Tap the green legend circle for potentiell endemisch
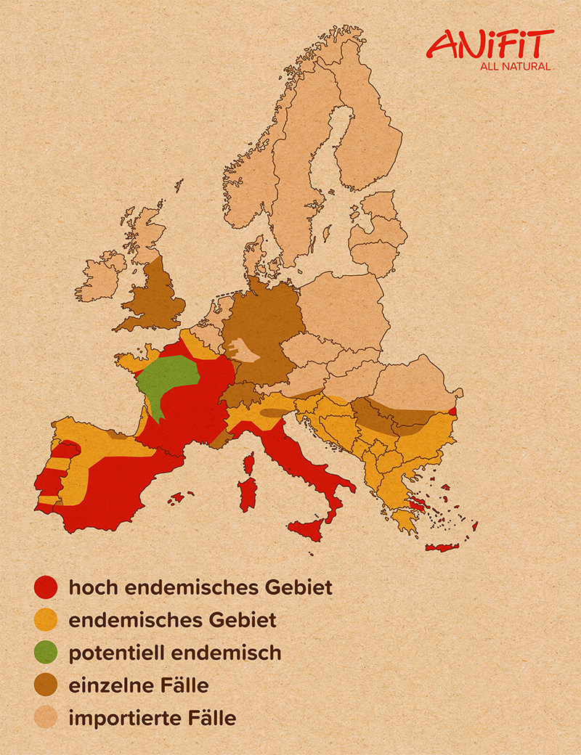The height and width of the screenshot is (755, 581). click(x=45, y=653)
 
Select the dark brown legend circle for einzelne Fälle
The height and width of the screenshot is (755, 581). click(x=45, y=685)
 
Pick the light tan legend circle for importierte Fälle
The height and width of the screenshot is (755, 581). click(x=45, y=718)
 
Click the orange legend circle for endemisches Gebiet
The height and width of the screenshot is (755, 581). click(x=45, y=620)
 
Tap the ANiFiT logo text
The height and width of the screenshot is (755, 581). click(x=489, y=45)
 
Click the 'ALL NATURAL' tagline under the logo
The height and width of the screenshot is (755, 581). click(x=516, y=67)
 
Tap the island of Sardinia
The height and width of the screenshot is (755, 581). click(x=248, y=494)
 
